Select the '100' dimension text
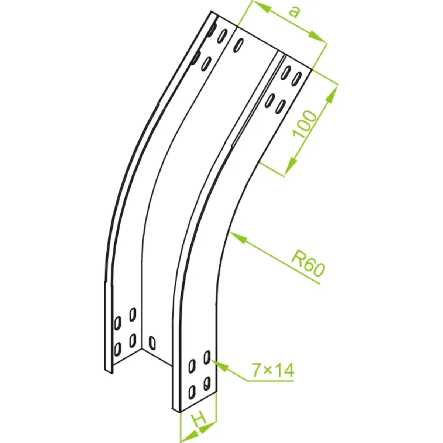(x=304, y=124)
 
